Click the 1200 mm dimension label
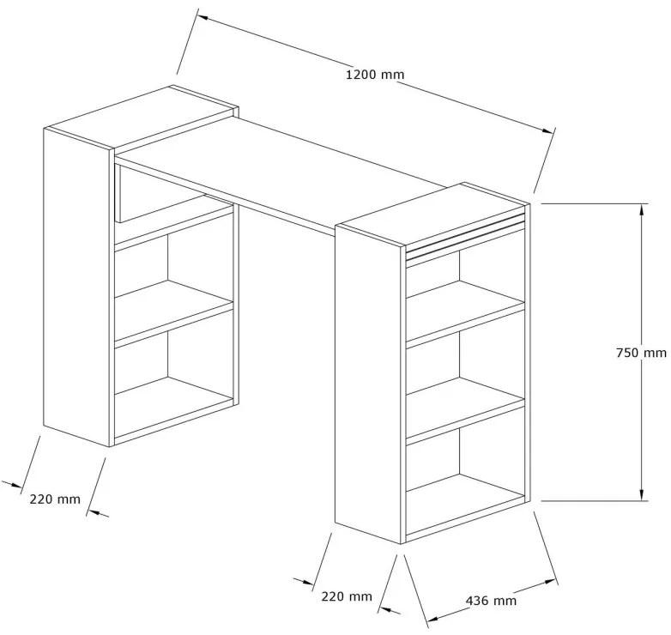[375, 75]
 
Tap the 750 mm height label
[641, 353]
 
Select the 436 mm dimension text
[491, 601]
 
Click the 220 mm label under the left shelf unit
[55, 499]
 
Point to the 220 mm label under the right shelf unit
[347, 596]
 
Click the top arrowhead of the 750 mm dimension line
[642, 209]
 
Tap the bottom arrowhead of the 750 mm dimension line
[642, 494]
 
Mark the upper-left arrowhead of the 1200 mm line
[203, 18]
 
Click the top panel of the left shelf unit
[142, 118]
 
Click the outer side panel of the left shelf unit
[78, 287]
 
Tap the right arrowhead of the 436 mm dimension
[551, 582]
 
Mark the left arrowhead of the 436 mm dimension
[434, 620]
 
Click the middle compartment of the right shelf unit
[465, 366]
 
